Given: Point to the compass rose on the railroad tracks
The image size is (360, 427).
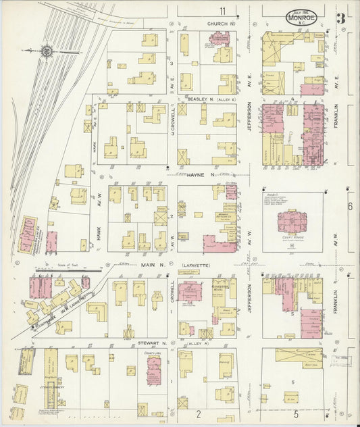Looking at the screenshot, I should pyautogui.click(x=47, y=51).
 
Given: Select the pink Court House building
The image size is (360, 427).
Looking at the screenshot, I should pyautogui.click(x=292, y=222).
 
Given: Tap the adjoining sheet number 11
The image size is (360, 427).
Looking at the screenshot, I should pyautogui.click(x=223, y=11).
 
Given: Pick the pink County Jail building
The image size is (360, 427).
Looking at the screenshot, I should pyautogui.click(x=154, y=371).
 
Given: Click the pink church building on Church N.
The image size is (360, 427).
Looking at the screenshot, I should pyautogui.click(x=220, y=39).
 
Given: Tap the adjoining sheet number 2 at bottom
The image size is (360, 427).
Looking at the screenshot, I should pyautogui.click(x=199, y=413).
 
